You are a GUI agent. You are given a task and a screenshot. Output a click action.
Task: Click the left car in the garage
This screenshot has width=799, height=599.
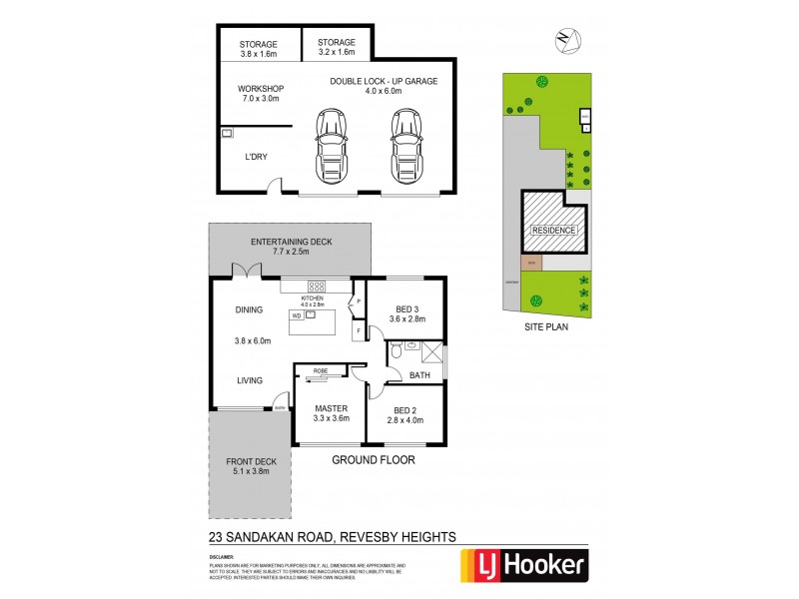click(x=331, y=146)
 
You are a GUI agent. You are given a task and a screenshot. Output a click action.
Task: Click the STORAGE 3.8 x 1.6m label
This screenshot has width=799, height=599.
click(x=259, y=49)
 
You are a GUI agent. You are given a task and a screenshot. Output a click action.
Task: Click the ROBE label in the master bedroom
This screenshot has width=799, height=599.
click(x=321, y=371)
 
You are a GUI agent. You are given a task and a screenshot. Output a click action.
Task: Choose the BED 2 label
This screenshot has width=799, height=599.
click(x=406, y=415)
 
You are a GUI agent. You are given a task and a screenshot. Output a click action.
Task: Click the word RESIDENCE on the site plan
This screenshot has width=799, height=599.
click(x=552, y=231)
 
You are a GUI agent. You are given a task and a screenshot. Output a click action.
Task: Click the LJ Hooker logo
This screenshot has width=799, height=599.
click(x=520, y=565)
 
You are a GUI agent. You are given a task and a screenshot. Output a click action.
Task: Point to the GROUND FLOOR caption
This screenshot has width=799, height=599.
click(x=373, y=460)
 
